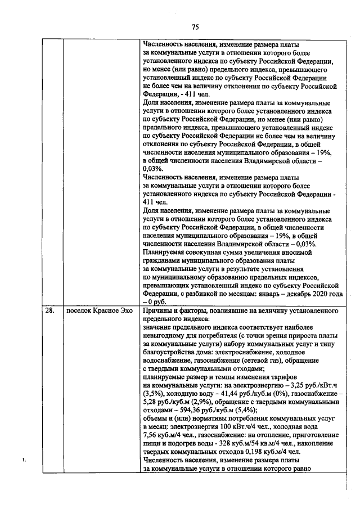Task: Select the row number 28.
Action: click(x=49, y=309)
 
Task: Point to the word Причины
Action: click(x=159, y=309)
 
